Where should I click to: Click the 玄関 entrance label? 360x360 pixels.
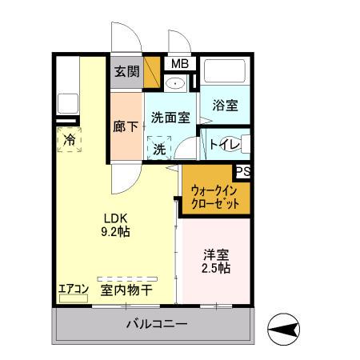click(126, 71)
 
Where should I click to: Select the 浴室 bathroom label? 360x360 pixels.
click(225, 104)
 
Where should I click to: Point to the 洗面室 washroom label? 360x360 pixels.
click(170, 117)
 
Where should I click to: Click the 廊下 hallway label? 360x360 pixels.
click(125, 126)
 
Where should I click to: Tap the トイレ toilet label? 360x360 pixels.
click(222, 145)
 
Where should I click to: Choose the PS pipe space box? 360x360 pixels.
click(242, 170)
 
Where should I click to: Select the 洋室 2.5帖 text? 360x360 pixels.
click(215, 262)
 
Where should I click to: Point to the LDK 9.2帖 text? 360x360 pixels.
click(115, 224)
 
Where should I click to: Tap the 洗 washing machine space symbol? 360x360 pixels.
click(160, 149)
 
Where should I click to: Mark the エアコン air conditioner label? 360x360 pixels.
click(72, 290)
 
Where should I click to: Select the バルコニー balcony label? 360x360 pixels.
click(156, 325)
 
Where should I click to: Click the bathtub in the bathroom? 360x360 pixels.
click(225, 71)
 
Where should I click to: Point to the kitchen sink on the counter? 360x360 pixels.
click(66, 104)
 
